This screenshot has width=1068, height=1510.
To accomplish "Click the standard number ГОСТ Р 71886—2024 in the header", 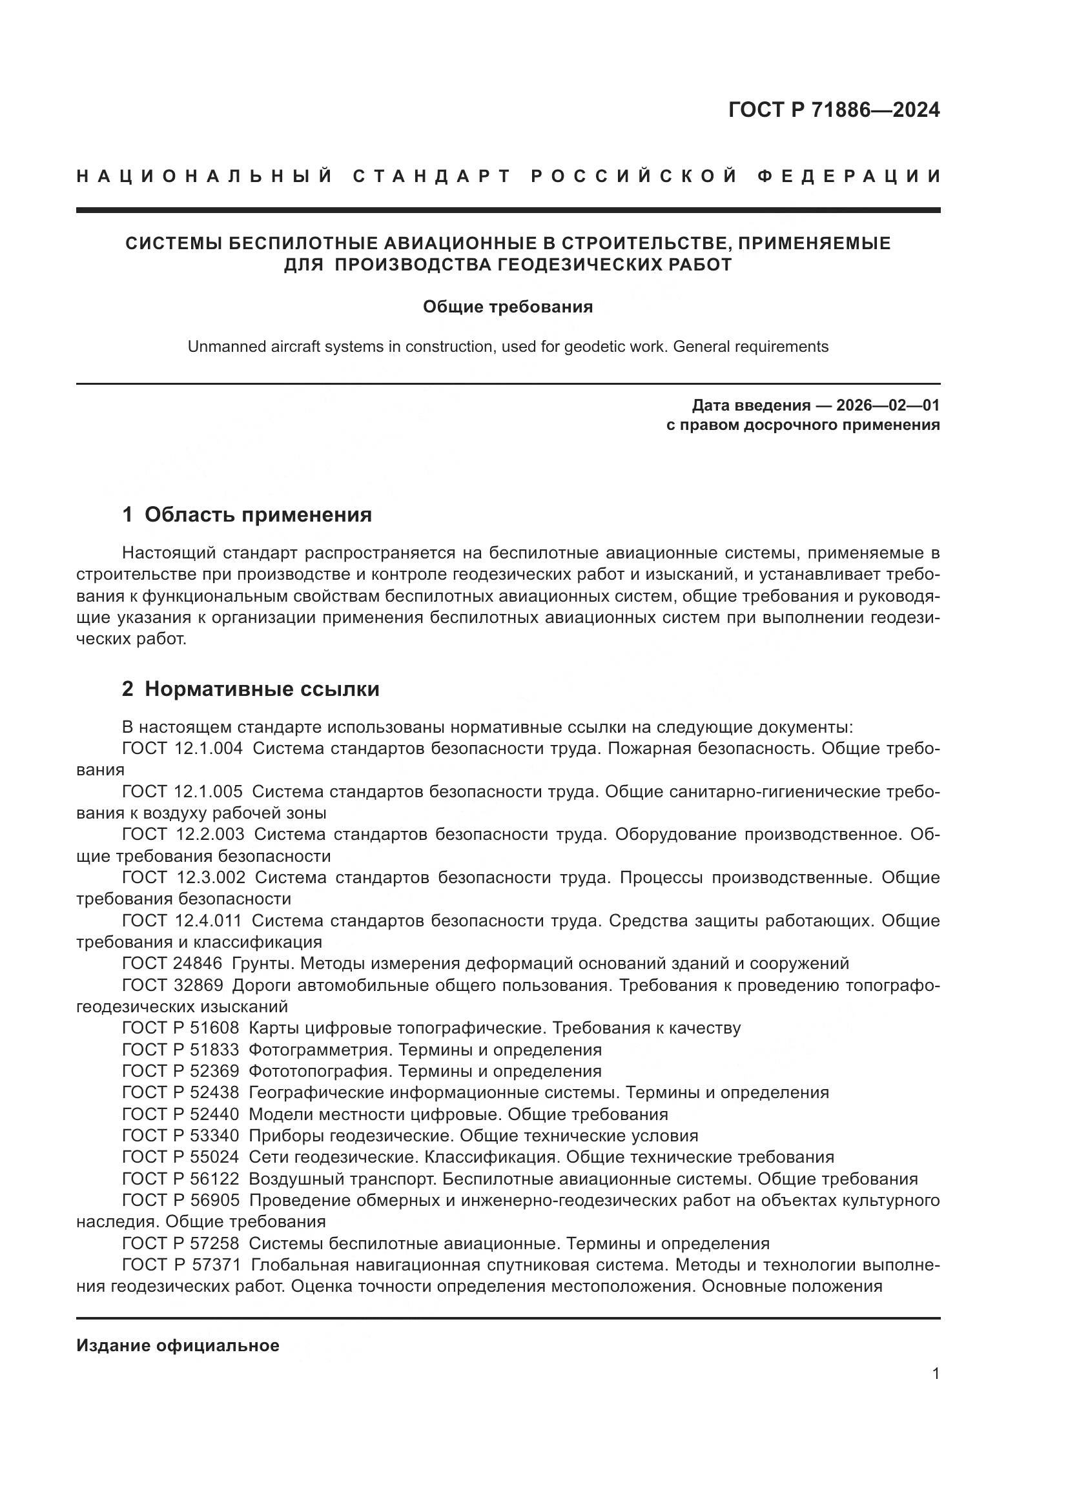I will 833,110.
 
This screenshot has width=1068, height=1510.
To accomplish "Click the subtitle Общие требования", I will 508,307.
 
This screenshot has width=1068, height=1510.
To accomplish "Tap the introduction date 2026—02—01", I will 888,405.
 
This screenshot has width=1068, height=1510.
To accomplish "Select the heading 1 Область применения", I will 247,515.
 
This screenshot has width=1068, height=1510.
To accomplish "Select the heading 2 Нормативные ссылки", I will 251,689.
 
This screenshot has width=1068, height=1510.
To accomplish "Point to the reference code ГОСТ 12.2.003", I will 183,835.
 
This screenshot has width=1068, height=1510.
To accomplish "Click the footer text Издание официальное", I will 178,1345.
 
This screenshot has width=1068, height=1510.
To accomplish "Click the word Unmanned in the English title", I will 218,347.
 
